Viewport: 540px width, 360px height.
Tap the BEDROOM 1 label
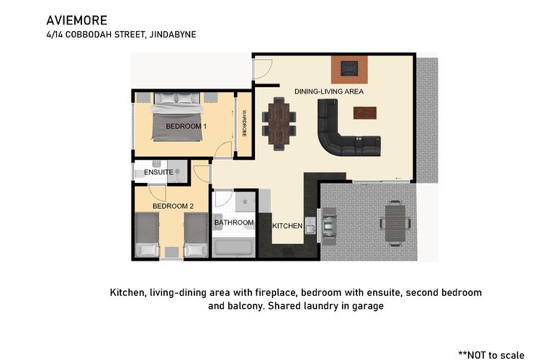[186, 126]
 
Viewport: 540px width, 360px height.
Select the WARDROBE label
[244, 123]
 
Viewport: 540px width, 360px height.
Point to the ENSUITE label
[158, 173]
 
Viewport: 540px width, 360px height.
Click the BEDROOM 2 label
[173, 206]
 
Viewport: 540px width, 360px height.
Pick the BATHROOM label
[234, 223]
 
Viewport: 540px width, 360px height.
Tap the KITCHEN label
[287, 226]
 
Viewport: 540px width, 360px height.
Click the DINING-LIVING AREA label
[329, 91]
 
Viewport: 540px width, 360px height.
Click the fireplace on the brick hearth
[350, 69]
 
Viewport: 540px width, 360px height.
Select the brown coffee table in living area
[365, 112]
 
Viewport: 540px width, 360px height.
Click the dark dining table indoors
[278, 121]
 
